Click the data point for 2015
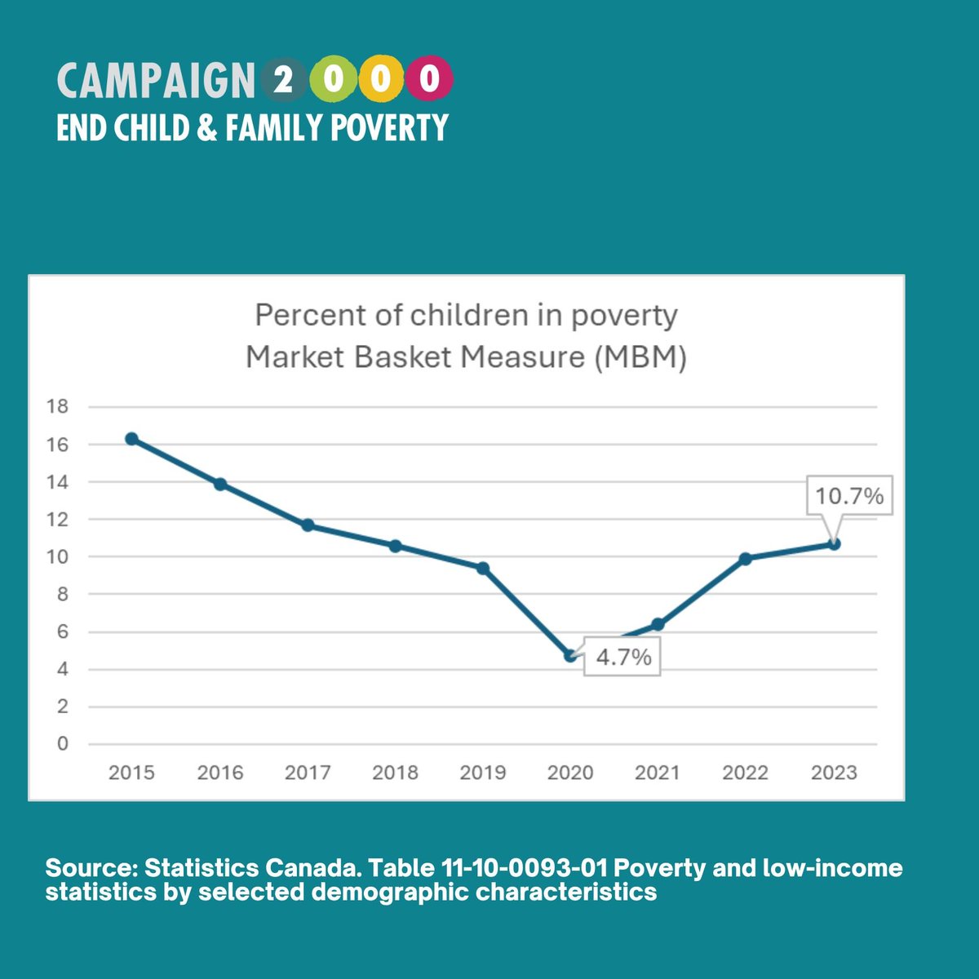point(131,439)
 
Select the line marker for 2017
point(308,525)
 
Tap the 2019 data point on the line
point(483,568)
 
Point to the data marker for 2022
point(745,559)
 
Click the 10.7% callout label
point(849,496)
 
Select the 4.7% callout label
point(623,657)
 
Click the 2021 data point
point(658,625)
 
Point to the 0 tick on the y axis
point(63,744)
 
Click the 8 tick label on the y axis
point(63,595)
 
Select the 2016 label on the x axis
point(219,773)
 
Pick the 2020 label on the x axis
point(570,773)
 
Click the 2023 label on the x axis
point(834,773)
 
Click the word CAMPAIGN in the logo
point(156,81)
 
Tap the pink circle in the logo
point(430,80)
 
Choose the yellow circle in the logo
point(380,80)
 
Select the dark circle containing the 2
point(284,80)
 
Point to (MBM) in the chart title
point(639,357)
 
